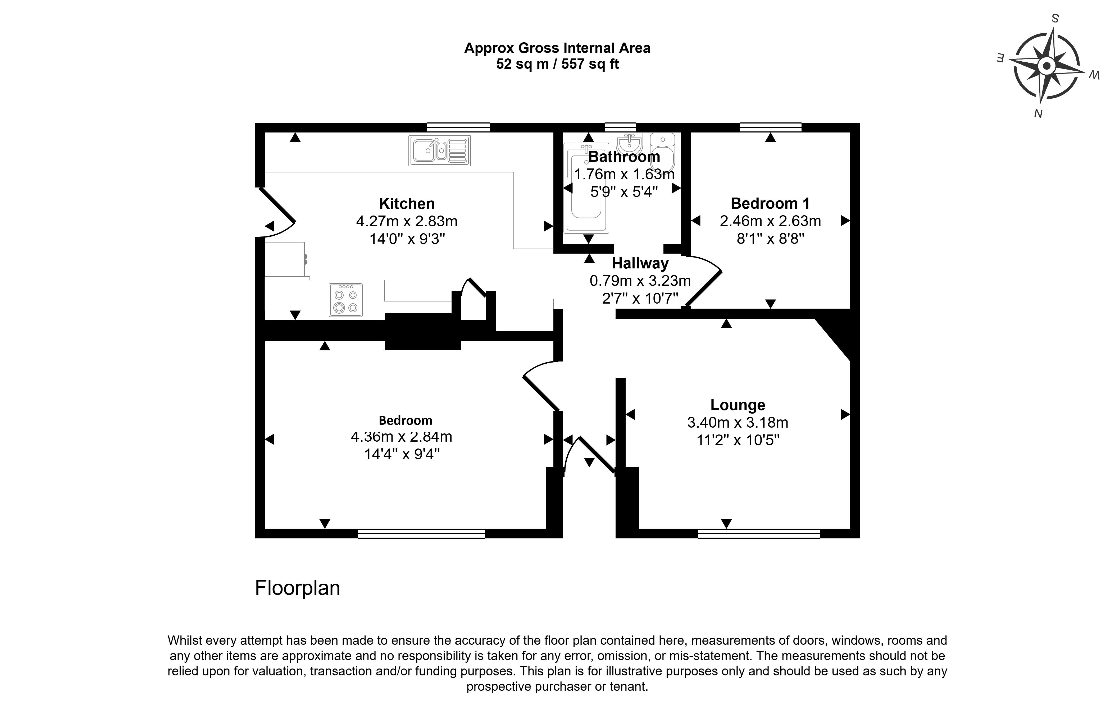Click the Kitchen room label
[407, 204]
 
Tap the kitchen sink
[439, 151]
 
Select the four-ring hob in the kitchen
[345, 300]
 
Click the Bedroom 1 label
[770, 204]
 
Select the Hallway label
[640, 263]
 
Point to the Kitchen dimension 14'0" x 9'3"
[407, 239]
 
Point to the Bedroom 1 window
[770, 127]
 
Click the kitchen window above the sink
[458, 127]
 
